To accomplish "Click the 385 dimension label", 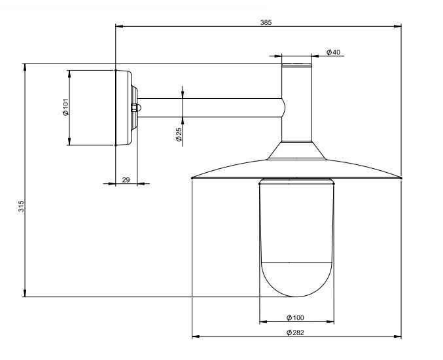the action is tap(266, 23).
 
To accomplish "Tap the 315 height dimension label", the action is tap(22, 206).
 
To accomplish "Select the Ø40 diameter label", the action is tap(333, 52).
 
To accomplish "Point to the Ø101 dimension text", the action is tap(65, 107).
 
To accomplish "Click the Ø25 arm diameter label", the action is tap(179, 134).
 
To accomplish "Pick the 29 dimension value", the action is tap(126, 180).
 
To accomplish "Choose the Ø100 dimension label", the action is tap(295, 318).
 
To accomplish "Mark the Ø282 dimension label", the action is tap(295, 333).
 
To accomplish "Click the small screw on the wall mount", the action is tap(136, 107).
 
